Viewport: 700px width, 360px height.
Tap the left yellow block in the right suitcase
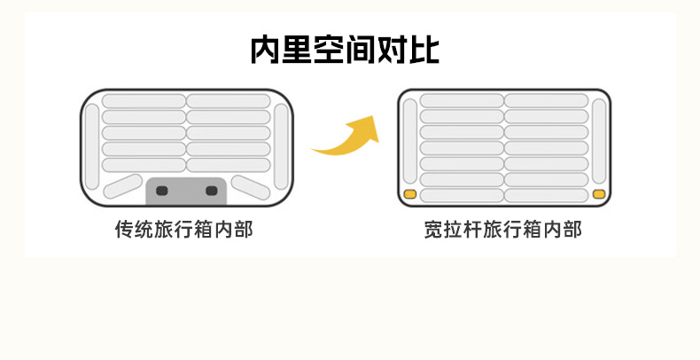(410, 194)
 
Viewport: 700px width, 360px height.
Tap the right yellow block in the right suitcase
(599, 194)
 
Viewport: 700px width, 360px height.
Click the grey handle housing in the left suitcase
(186, 190)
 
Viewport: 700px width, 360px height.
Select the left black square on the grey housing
(161, 191)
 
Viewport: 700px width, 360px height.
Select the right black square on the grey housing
(211, 191)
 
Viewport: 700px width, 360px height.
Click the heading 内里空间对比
(345, 50)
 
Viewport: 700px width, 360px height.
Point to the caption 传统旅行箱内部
(183, 230)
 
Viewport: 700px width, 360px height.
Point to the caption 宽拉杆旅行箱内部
(502, 230)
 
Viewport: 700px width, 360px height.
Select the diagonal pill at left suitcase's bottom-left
(122, 186)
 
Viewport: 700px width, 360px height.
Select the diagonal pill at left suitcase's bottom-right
(250, 186)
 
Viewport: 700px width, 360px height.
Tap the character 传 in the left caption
(124, 230)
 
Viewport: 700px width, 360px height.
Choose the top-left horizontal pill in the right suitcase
(461, 100)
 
